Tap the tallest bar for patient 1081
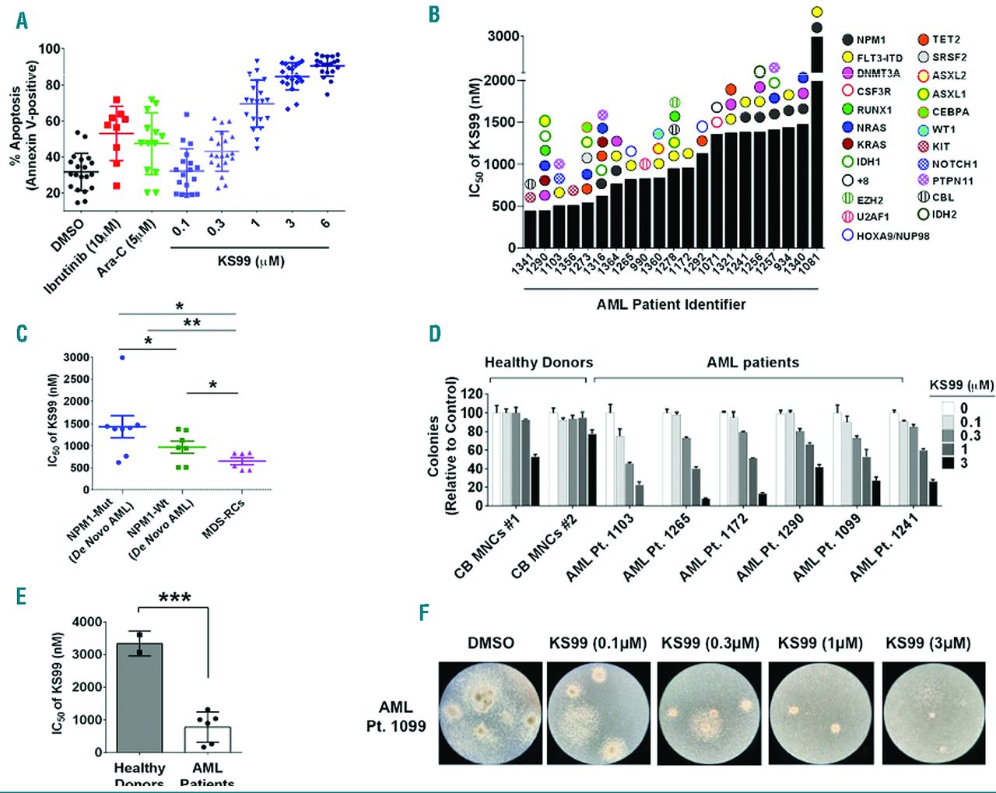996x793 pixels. point(817,156)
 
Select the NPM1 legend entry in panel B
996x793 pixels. point(875,40)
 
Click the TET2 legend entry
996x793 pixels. point(945,40)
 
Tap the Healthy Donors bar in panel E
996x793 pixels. point(139,697)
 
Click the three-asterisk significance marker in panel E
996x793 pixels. point(174,598)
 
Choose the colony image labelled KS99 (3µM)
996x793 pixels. point(928,712)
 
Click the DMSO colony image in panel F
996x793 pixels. point(490,712)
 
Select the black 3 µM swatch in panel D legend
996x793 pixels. point(947,462)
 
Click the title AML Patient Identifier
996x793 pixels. point(671,304)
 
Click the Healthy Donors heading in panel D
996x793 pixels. point(538,363)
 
